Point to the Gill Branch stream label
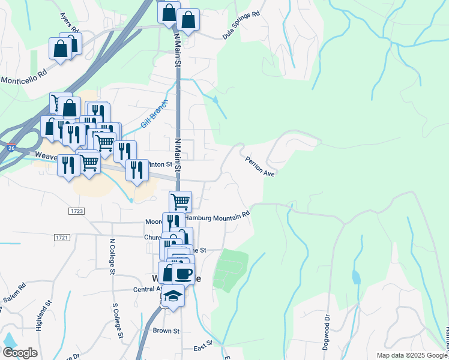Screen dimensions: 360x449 click(153, 113)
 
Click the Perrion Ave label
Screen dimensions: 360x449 click(259, 166)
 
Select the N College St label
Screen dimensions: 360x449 click(112, 257)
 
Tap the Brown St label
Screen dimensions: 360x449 click(166, 331)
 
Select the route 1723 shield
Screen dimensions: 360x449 click(76, 211)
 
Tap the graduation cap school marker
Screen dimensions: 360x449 click(173, 296)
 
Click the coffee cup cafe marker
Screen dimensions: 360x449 click(184, 273)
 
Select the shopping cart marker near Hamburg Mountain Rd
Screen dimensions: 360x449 click(180, 201)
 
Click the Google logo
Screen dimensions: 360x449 click(20, 353)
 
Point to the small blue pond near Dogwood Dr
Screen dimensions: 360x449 click(357, 276)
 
